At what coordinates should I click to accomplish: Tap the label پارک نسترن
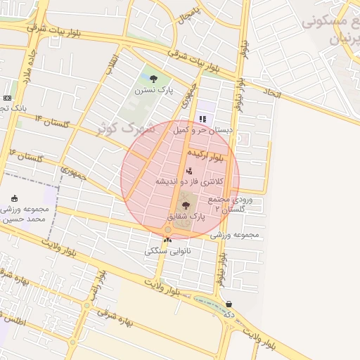click(x=154, y=90)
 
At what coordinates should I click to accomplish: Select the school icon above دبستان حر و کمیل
click(x=202, y=119)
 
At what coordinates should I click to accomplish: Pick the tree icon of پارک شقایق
click(x=186, y=205)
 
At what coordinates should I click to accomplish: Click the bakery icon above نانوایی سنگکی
click(x=167, y=240)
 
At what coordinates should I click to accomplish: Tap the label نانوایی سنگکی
click(x=167, y=251)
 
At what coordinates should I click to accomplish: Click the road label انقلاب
click(x=110, y=63)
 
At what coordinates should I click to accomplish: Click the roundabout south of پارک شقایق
click(x=168, y=230)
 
